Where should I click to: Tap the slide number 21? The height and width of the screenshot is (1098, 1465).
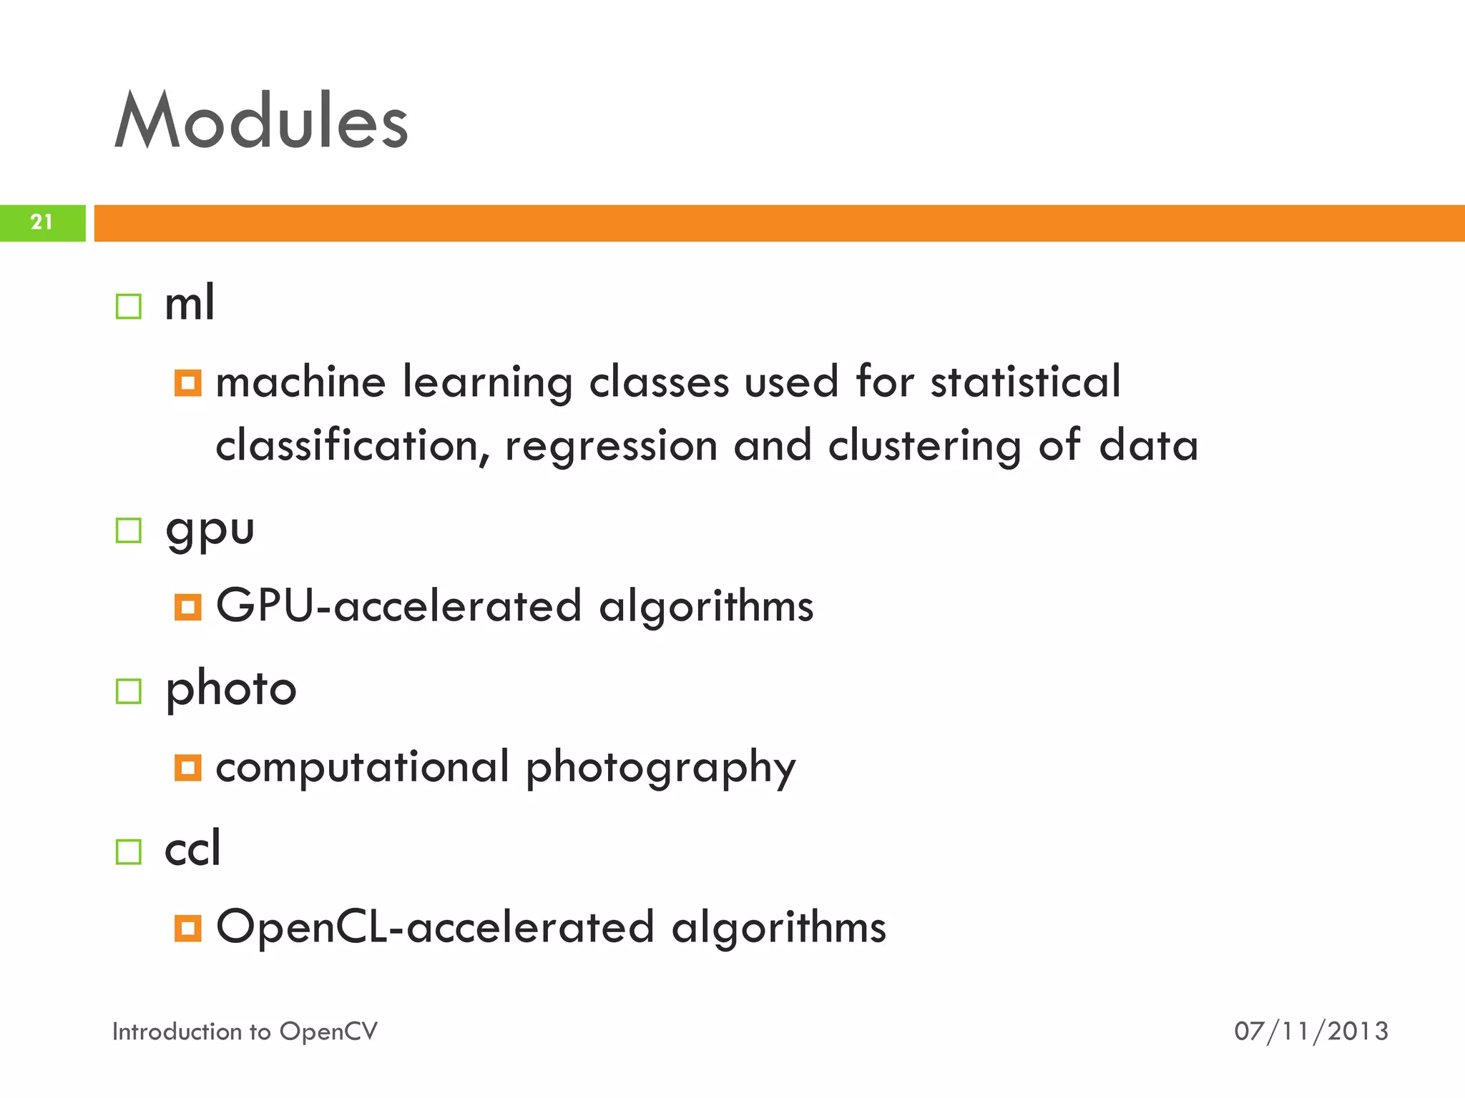coord(41,222)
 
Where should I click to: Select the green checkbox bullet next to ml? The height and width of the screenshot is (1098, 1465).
coord(129,307)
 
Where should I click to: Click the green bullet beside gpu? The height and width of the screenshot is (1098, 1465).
coord(129,530)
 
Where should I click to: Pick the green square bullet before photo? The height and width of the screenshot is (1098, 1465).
coord(129,691)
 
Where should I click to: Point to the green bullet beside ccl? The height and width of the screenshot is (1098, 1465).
coord(129,851)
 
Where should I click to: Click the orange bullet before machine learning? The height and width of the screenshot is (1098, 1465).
coord(187,383)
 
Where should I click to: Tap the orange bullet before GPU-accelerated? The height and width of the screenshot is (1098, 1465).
coord(187,608)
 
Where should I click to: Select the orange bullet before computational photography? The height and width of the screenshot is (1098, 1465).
coord(187,768)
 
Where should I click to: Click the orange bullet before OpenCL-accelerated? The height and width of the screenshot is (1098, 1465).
coord(187,929)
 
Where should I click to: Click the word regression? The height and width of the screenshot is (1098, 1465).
coord(611,447)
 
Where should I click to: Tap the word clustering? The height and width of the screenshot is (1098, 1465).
coord(925,447)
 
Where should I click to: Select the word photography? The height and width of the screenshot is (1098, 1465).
coord(660,768)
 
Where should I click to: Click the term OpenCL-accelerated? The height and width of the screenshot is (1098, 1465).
coord(435,927)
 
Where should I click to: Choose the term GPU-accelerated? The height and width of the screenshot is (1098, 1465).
coord(398,606)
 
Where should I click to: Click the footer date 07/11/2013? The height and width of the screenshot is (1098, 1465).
coord(1310,1032)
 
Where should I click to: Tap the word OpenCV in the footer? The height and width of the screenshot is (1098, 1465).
coord(328,1032)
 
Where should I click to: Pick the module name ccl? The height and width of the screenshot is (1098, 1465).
coord(192,849)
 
